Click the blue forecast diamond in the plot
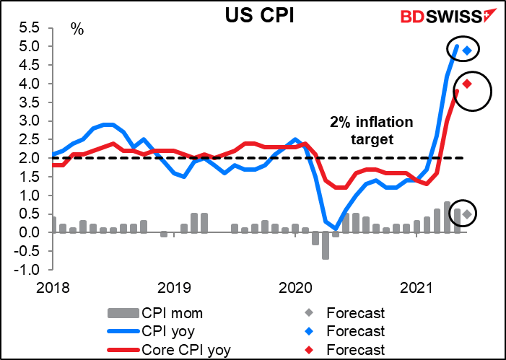[x=467, y=51]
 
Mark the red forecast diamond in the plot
[x=467, y=84]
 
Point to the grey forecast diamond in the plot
[x=467, y=214]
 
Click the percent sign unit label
[x=77, y=30]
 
